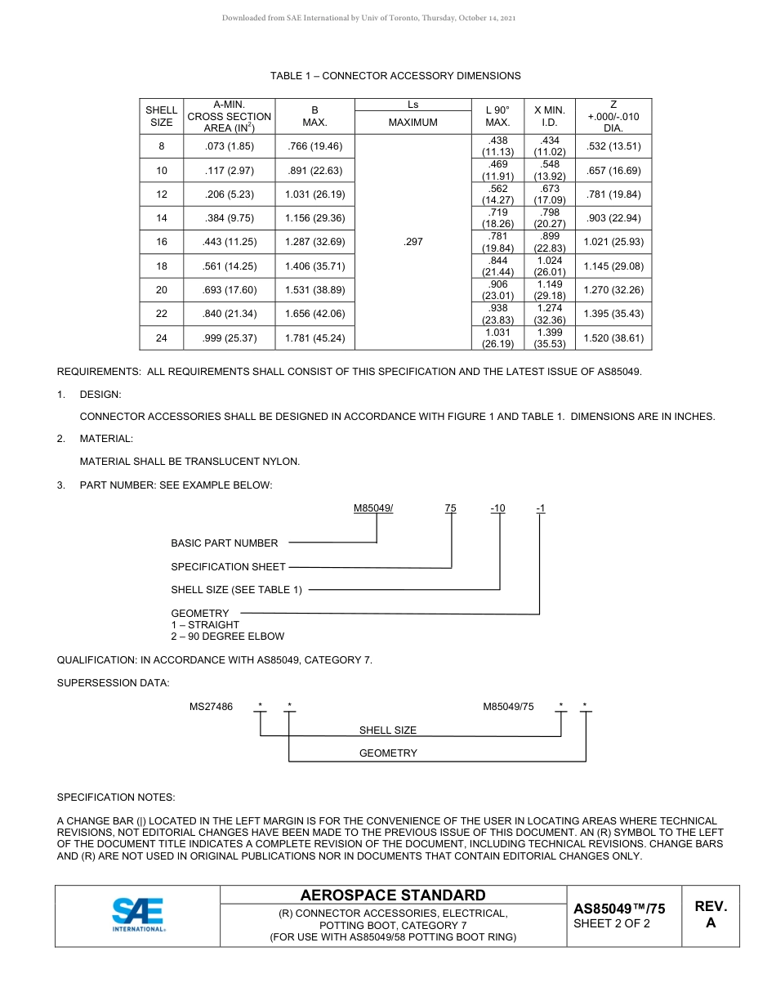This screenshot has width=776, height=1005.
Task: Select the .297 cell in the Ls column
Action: coord(413,242)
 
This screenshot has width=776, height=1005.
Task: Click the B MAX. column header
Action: coord(314,116)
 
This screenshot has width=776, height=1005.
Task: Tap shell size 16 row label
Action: coord(162,242)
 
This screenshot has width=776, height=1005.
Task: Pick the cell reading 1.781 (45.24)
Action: coord(314,338)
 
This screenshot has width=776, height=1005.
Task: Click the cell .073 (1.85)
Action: coord(230,146)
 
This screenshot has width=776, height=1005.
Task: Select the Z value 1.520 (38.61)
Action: coord(613,338)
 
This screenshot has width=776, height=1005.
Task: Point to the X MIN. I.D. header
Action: coord(550,116)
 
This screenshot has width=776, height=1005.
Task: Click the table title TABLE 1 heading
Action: coord(395,76)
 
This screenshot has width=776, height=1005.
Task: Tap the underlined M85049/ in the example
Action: coord(373,508)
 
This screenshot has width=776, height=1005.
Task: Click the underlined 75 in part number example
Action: coord(451,508)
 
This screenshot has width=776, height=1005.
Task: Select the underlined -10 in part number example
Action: coord(497,508)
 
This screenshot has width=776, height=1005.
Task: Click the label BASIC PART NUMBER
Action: coord(224,543)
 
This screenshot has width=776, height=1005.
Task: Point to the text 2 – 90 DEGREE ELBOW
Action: coord(227,636)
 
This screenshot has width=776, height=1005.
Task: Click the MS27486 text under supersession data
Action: coord(211,707)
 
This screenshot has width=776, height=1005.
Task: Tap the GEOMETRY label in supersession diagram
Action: coord(388,753)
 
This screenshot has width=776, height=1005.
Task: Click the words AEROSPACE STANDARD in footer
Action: coord(393,896)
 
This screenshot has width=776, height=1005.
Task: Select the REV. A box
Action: coord(711,914)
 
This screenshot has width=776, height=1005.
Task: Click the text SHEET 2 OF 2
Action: coord(612,924)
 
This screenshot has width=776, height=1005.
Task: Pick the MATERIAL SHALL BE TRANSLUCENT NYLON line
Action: coord(190,462)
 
